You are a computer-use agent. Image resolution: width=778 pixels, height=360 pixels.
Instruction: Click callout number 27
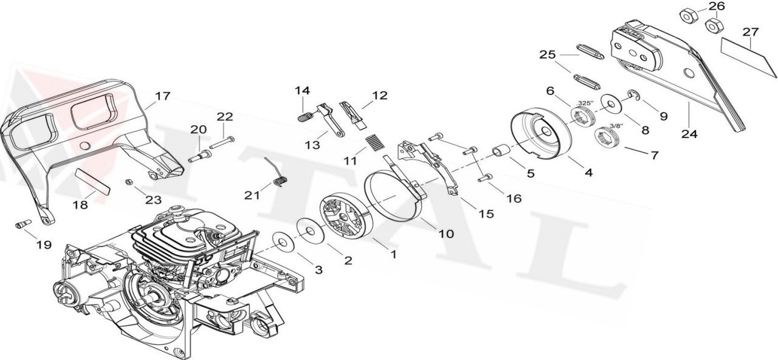(x=750, y=31)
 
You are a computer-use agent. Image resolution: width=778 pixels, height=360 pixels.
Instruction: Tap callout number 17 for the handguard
(x=162, y=96)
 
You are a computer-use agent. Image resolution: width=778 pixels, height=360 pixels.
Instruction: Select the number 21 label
(x=252, y=195)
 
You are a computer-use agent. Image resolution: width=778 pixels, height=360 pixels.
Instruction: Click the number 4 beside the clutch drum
(x=588, y=173)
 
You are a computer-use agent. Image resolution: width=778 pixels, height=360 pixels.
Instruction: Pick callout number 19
(x=43, y=245)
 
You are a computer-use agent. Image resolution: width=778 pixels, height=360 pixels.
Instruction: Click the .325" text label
(x=585, y=103)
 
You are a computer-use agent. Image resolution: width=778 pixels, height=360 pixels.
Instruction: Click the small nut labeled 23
(x=129, y=182)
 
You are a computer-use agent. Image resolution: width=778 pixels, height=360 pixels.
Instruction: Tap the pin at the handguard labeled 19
(x=22, y=224)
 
